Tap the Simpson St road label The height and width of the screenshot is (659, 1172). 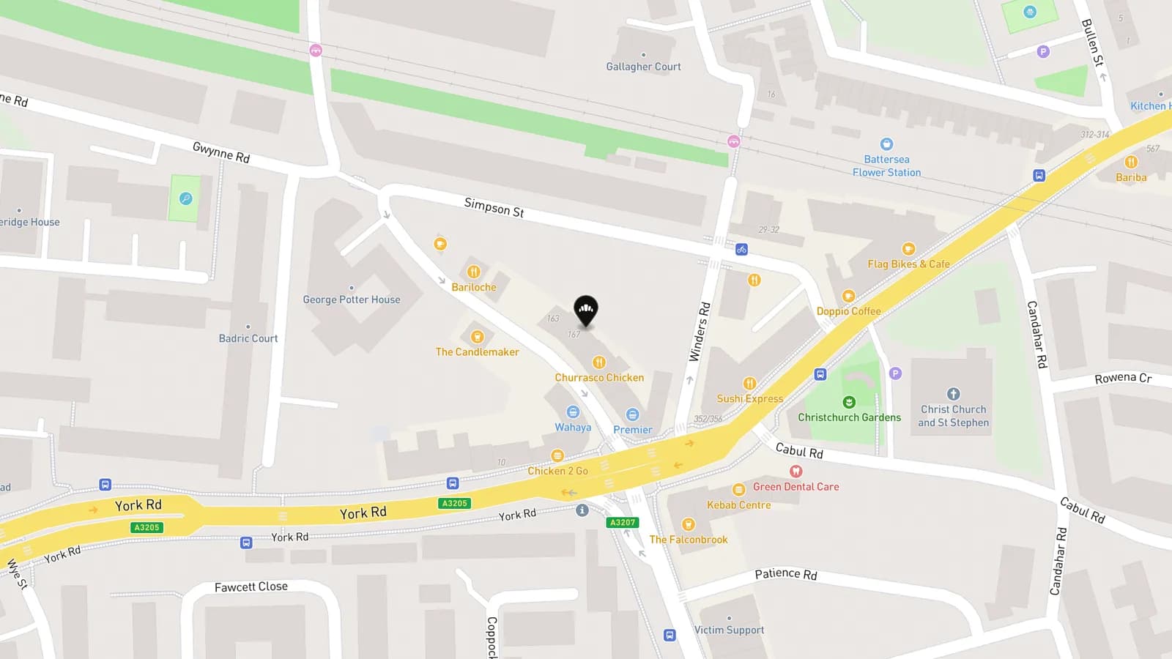tap(494, 208)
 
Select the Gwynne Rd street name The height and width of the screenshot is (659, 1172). tap(221, 152)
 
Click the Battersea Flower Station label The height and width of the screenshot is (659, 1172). tap(886, 166)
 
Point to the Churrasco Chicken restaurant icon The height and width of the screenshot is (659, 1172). tap(599, 362)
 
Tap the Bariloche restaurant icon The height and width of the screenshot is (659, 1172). tap(474, 272)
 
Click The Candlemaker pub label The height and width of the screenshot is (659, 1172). tap(477, 352)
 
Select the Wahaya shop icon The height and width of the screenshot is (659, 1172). tap(573, 412)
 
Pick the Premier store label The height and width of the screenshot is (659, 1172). tap(633, 430)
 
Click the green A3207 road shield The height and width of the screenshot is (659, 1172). tap(623, 522)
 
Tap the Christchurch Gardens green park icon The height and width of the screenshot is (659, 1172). tap(849, 402)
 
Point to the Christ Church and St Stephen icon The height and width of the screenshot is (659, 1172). tap(953, 394)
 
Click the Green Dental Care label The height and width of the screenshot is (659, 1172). tap(795, 487)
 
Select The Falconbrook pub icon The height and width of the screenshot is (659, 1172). tap(688, 524)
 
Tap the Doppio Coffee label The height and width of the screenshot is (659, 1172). tap(848, 311)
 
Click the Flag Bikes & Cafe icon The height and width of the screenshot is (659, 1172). tap(908, 249)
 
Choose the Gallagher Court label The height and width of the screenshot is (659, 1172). tap(643, 67)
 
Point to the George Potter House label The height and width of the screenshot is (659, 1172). tap(352, 299)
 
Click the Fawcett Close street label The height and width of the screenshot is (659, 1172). tap(251, 587)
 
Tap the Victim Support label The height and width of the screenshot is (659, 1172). tap(729, 630)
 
